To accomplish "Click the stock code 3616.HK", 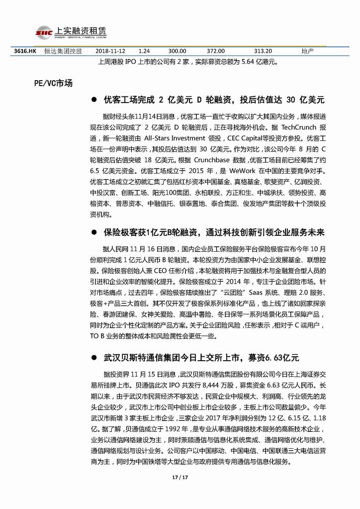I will (23, 51).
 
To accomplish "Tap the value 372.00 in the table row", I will (216, 51).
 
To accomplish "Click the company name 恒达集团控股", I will (63, 51).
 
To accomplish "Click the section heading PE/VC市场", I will (50, 83).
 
